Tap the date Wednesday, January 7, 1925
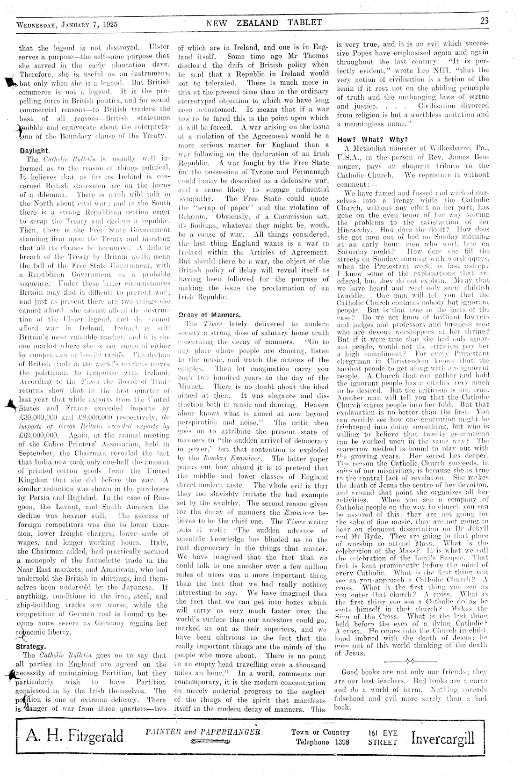click(67, 24)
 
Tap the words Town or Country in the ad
click(320, 732)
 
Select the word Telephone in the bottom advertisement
click(312, 742)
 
